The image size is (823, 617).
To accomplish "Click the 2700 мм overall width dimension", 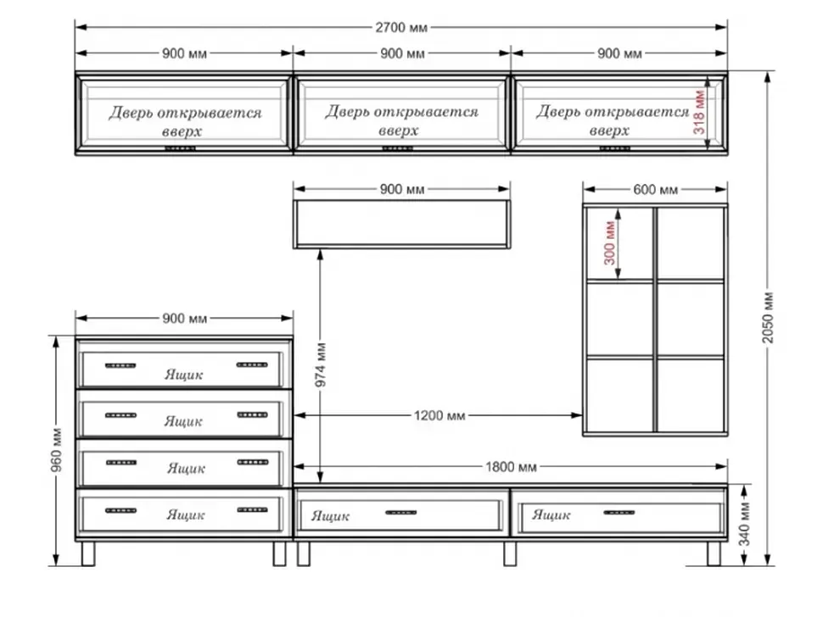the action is click(x=401, y=27).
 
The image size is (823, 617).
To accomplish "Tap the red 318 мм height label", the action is click(x=698, y=112).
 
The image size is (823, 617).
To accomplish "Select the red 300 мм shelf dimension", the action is click(x=609, y=242).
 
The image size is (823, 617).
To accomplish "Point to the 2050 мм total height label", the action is click(x=768, y=318).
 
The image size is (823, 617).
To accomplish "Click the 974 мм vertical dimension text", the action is click(x=321, y=364).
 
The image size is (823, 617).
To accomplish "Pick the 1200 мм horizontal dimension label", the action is click(x=439, y=415).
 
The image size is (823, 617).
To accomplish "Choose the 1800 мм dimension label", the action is click(x=511, y=466).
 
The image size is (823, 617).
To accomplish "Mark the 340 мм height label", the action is click(x=744, y=524).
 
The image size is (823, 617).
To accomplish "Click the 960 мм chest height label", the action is click(x=57, y=450).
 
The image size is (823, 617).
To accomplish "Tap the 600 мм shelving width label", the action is click(x=655, y=189).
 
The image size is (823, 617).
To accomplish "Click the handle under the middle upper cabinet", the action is click(x=397, y=149).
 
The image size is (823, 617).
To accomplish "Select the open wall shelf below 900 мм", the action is click(x=401, y=224).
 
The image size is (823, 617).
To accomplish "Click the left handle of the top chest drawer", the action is click(x=120, y=365).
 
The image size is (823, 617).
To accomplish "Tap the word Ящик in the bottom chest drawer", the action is click(x=186, y=514).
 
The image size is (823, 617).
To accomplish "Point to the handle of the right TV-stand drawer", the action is click(x=619, y=512).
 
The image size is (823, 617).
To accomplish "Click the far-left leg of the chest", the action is click(x=88, y=553).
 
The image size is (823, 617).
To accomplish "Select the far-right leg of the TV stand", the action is click(x=714, y=553).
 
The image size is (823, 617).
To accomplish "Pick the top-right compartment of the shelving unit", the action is click(x=690, y=243).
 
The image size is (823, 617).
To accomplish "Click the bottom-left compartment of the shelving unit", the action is click(x=619, y=395).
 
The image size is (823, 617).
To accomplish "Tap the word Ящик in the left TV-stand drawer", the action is click(x=330, y=516).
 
